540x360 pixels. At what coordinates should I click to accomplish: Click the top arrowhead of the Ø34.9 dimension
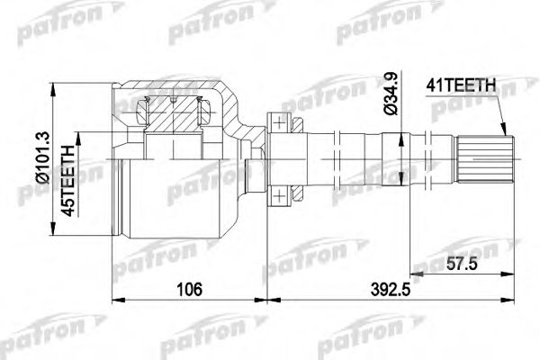click(x=400, y=130)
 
